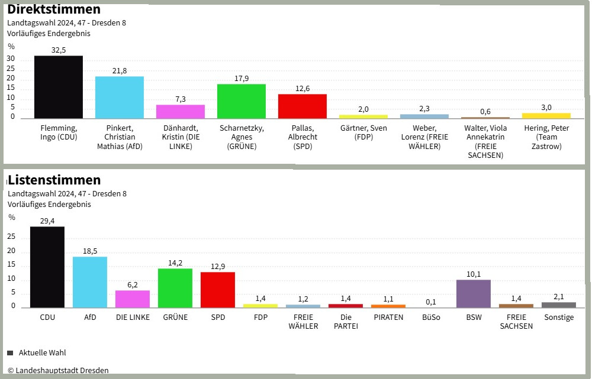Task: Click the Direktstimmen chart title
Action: coord(54,9)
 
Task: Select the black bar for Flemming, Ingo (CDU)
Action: coord(59,87)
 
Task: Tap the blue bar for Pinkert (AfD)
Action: coord(120,98)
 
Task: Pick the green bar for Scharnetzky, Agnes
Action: coord(242,101)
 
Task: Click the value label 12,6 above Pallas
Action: coord(303,89)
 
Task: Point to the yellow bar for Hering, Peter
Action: coord(546,115)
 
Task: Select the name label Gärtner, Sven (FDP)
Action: coord(363,132)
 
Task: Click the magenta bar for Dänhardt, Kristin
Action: coord(181,112)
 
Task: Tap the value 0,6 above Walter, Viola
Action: coord(485,112)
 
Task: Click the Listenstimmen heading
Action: coord(54,180)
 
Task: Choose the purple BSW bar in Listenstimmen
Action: coord(474,294)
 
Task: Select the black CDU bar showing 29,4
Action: coord(47,267)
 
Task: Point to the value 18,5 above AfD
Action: coord(90,251)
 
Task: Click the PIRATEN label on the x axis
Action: coord(388,318)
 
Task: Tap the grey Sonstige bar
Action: coord(559,305)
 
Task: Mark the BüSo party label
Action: coord(431,318)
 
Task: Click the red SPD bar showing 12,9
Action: coord(218,290)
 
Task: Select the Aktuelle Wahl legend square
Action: coord(10,353)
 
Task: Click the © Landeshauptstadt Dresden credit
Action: coord(58,371)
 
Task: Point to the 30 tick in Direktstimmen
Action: coord(11,60)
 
